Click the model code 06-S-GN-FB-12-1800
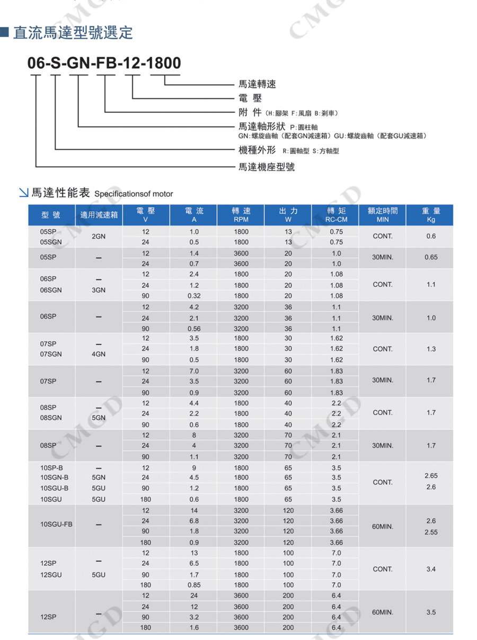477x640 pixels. point(104,63)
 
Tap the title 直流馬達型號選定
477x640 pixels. point(73,33)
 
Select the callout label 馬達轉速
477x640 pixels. point(257,84)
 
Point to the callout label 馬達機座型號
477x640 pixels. point(267,167)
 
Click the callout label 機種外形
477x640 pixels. point(257,151)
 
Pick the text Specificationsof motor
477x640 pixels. point(134,194)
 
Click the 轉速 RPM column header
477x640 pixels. point(241,215)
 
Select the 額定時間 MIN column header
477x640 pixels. point(382,215)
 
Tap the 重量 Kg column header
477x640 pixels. point(430,215)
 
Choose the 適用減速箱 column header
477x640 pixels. point(99,215)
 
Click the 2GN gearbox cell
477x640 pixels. point(99,237)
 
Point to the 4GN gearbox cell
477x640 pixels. point(99,354)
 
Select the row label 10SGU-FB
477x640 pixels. point(56,525)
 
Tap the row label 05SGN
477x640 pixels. point(51,242)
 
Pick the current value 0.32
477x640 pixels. point(194,296)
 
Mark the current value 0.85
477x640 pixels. point(194,585)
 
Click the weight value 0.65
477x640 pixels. point(431,258)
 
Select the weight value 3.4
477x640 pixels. point(431,569)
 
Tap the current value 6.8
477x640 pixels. point(194,521)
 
